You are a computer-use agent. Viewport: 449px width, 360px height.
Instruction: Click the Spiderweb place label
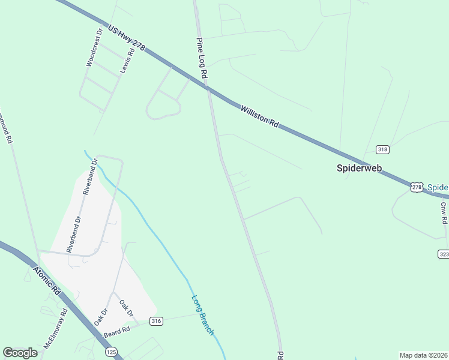point(358,169)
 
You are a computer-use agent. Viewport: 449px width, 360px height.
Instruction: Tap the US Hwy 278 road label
point(127,37)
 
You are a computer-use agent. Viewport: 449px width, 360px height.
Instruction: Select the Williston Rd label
point(260,116)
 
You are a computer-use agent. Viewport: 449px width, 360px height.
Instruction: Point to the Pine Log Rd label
point(202,58)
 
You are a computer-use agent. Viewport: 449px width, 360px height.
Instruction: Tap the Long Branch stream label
point(202,315)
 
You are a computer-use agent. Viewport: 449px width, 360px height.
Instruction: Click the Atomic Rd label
point(48,281)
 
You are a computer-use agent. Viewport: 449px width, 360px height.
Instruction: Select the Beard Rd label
point(118,331)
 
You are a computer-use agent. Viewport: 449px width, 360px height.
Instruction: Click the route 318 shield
point(382,149)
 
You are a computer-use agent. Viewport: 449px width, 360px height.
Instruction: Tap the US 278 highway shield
point(417,187)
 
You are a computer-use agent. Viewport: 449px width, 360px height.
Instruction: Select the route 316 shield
point(157,321)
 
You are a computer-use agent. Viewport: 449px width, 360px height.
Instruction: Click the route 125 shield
point(110,350)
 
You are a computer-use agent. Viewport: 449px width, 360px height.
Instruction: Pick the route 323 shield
point(444,254)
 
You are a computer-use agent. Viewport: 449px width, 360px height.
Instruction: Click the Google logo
point(20,353)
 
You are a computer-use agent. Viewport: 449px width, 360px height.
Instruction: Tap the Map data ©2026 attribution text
point(423,355)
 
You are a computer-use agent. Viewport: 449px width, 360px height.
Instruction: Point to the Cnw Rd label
point(444,213)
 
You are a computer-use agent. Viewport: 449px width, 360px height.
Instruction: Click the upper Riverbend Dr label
point(86,182)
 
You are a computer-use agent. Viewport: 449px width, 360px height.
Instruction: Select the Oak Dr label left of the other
point(100,317)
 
